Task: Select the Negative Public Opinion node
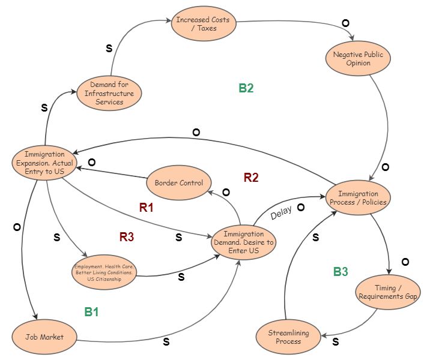click(x=358, y=59)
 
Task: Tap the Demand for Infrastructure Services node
click(x=109, y=93)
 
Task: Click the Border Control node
click(x=179, y=182)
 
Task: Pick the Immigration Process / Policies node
click(x=358, y=197)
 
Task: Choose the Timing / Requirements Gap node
click(x=388, y=292)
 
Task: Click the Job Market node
click(x=45, y=337)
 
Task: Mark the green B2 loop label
click(x=246, y=88)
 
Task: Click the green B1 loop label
click(x=91, y=312)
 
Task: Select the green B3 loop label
click(x=341, y=272)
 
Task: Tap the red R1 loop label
click(x=147, y=208)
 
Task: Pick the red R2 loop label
click(x=251, y=177)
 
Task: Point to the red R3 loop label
click(x=126, y=236)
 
